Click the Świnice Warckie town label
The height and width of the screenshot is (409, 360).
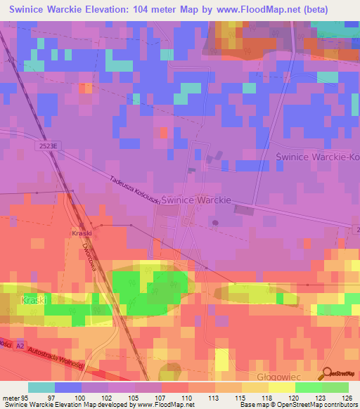pos(196,200)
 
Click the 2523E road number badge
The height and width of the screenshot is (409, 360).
pos(44,144)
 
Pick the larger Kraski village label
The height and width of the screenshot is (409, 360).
pos(33,300)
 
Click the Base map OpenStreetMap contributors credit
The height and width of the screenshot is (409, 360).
pos(297,405)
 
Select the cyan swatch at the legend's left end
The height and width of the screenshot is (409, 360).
pos(41,387)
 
